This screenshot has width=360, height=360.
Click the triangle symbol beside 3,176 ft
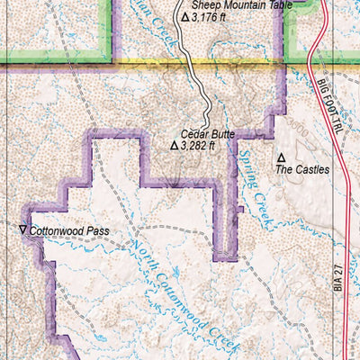pyautogui.click(x=185, y=16)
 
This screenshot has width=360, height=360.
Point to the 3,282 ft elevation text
pyautogui.click(x=200, y=144)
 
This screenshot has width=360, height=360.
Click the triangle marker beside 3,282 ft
pyautogui.click(x=175, y=144)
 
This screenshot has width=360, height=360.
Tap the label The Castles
pyautogui.click(x=301, y=168)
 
